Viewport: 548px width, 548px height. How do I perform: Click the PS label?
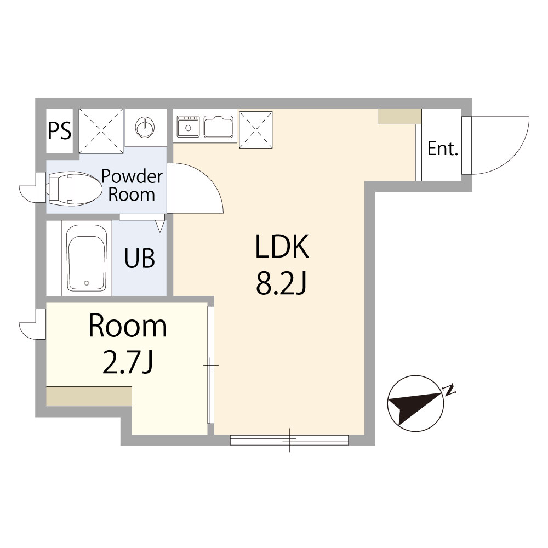[59, 131]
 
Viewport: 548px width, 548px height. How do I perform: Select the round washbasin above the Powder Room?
[145, 127]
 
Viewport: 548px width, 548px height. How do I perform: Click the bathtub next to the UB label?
[87, 258]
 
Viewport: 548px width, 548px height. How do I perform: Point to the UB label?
[139, 258]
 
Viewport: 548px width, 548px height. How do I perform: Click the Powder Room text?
[132, 186]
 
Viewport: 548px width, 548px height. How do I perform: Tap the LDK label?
[282, 247]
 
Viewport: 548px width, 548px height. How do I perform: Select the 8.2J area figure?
[281, 283]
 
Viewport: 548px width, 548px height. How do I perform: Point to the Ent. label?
[442, 149]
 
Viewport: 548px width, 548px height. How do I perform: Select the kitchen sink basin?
[219, 127]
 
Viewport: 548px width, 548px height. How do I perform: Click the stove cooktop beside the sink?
[188, 127]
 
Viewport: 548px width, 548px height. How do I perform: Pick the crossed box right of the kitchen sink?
[256, 129]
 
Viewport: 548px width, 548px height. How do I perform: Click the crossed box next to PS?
[101, 131]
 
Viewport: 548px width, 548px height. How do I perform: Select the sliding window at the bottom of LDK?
[289, 440]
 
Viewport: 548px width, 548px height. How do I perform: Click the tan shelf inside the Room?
[89, 396]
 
